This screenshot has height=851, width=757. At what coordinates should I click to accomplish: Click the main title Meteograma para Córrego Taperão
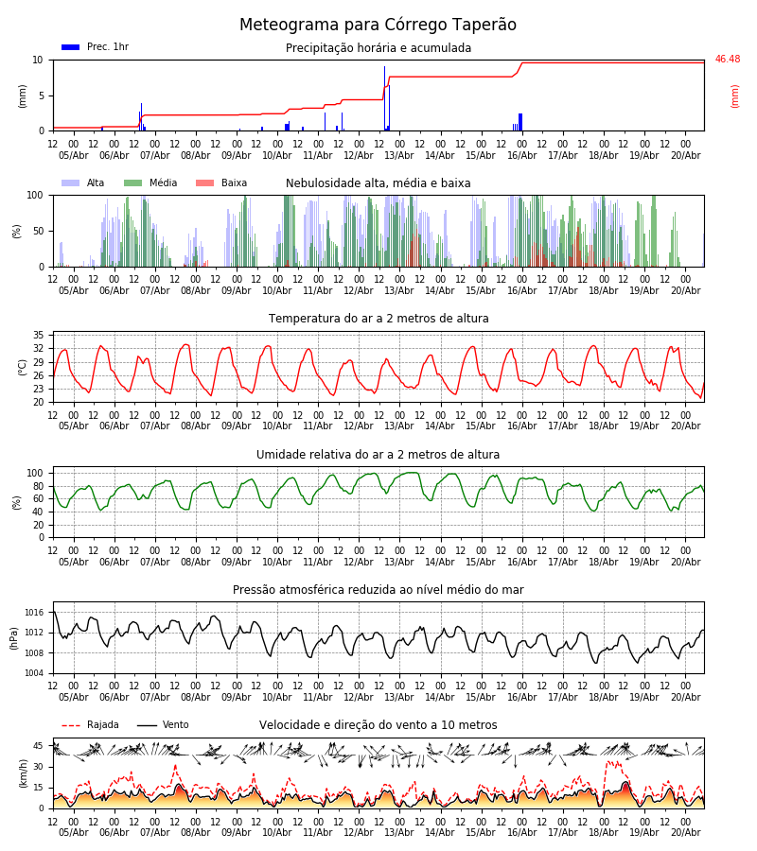378,25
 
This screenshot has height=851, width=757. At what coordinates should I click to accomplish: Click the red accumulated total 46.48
727,60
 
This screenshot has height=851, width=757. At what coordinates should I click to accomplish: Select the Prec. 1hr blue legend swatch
71,47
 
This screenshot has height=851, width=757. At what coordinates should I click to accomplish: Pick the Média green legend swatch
133,182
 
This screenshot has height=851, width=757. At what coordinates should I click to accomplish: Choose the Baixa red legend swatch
204,182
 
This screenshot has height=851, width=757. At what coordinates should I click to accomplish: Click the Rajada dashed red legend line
71,725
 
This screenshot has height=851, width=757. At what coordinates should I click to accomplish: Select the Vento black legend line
147,725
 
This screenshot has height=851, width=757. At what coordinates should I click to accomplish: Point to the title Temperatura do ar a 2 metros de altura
378,319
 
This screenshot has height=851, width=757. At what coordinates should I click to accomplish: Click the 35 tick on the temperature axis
38,335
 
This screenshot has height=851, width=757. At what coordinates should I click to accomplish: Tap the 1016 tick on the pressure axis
34,613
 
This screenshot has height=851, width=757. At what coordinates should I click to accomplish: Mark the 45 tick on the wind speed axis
38,746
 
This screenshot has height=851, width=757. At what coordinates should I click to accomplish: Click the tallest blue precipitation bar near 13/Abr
384,98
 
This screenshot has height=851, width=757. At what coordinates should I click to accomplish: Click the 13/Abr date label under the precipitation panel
399,155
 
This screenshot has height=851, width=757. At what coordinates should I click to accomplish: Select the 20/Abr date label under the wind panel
685,832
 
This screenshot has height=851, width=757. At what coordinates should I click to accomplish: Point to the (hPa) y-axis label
14,638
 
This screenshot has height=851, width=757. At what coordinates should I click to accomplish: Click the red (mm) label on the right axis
734,96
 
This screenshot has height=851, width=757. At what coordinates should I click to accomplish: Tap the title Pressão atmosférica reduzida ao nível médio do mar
378,590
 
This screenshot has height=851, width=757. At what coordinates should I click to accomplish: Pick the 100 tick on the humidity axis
35,474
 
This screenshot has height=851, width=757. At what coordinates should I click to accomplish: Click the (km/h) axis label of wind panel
23,773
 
